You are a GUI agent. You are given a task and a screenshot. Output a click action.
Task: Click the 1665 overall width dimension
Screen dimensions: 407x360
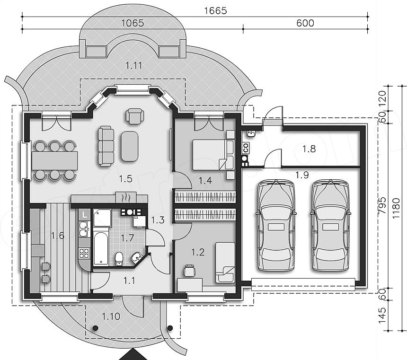(x=215, y=10)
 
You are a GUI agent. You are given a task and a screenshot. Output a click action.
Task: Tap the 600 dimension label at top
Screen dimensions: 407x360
(x=305, y=23)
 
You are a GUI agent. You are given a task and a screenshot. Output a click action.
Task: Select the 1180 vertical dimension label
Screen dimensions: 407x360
(x=396, y=209)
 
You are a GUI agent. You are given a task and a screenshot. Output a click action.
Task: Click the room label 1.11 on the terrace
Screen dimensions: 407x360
(x=134, y=65)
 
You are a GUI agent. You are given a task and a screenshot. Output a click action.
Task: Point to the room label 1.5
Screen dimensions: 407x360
(x=125, y=179)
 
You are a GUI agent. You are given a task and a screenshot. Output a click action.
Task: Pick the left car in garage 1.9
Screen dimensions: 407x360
(x=276, y=225)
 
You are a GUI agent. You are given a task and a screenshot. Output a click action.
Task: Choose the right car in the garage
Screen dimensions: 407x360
(x=330, y=225)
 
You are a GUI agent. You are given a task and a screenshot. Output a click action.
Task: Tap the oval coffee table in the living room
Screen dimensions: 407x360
(x=129, y=146)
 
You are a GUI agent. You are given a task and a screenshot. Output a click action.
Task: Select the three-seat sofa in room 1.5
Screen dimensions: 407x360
(x=106, y=146)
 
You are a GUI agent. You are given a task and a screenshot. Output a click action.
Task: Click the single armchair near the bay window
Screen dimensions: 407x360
(x=135, y=116)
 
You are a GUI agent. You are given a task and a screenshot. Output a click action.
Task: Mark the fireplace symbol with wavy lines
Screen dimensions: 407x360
(x=126, y=198)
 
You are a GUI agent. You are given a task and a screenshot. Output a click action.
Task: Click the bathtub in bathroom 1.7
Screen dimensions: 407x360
(x=101, y=248)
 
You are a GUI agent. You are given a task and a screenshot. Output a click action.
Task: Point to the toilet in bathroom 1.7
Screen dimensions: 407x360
(x=119, y=258)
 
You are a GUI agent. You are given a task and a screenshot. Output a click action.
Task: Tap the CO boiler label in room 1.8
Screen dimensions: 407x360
(x=246, y=148)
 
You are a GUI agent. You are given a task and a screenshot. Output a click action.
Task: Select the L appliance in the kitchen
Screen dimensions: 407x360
(x=84, y=215)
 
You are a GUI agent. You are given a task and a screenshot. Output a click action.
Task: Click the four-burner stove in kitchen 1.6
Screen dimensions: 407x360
(x=84, y=253)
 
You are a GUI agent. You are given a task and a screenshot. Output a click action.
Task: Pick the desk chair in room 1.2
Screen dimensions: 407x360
(x=189, y=271)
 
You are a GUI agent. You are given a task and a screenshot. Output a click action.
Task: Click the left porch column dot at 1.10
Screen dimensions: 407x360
(x=95, y=328)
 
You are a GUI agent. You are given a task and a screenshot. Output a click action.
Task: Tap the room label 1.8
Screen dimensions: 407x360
(x=309, y=149)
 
